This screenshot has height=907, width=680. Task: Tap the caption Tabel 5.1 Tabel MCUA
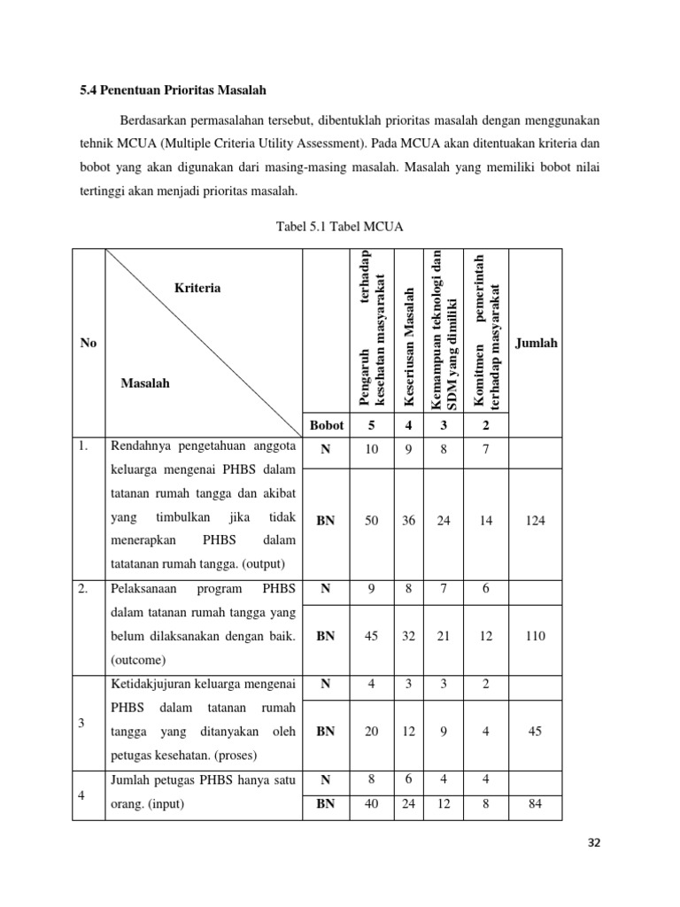pyautogui.click(x=340, y=227)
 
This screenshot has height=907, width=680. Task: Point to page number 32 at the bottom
pyautogui.click(x=594, y=842)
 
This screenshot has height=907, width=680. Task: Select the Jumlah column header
pyautogui.click(x=537, y=343)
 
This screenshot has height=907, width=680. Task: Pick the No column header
pyautogui.click(x=88, y=343)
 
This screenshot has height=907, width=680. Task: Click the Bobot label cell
pyautogui.click(x=326, y=424)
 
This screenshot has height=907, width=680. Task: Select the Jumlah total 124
pyautogui.click(x=535, y=521)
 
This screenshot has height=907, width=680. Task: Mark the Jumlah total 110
pyautogui.click(x=535, y=636)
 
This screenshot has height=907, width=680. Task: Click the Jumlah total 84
pyautogui.click(x=535, y=804)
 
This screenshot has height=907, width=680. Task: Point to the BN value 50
pyautogui.click(x=372, y=521)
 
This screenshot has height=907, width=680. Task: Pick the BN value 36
pyautogui.click(x=409, y=521)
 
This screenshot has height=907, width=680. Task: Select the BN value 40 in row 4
pyautogui.click(x=372, y=804)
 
